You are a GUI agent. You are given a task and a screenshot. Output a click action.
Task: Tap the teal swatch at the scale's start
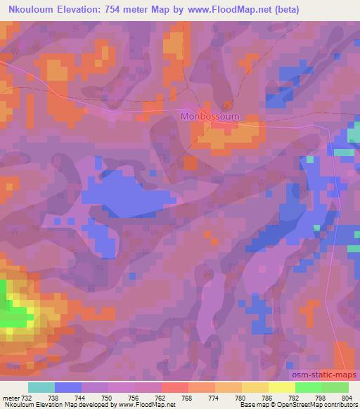[41, 387]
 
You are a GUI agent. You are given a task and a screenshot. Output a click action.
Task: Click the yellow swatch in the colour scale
[281, 387]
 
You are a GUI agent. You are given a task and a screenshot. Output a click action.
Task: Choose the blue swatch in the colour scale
[68, 387]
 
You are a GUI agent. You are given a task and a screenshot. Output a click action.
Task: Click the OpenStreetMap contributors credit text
[317, 405]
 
